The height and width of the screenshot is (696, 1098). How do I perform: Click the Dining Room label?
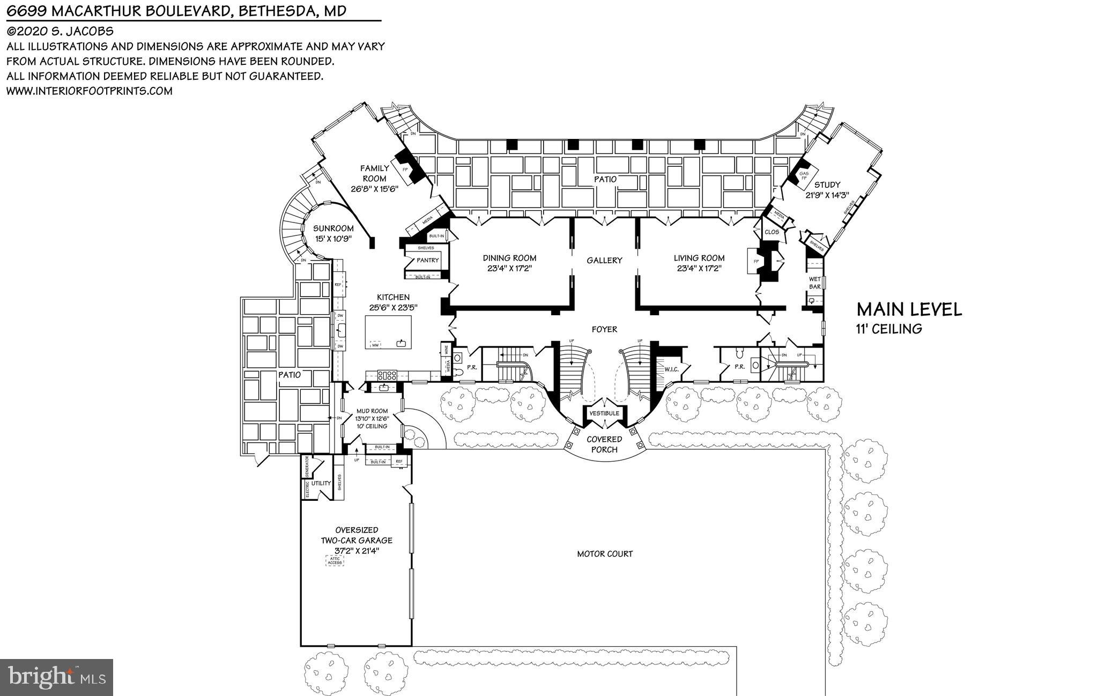(x=509, y=258)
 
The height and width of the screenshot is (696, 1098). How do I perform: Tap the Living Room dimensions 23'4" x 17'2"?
(x=699, y=268)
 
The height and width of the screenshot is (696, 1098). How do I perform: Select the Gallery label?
(x=604, y=260)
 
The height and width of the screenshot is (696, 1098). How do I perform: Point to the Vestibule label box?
(x=604, y=413)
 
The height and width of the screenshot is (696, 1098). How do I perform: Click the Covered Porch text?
(x=604, y=444)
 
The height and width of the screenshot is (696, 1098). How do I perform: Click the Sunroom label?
(x=333, y=228)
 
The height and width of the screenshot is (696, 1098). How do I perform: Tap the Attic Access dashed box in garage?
(x=335, y=561)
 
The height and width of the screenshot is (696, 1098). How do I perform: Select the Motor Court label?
(x=605, y=553)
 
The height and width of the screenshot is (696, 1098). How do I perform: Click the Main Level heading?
(x=909, y=309)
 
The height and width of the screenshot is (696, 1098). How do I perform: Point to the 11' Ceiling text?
(x=889, y=329)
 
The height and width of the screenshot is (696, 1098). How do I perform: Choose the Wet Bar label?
(x=814, y=283)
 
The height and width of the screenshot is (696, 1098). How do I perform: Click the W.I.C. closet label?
(x=671, y=369)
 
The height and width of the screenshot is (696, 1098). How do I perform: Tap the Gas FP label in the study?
(x=804, y=176)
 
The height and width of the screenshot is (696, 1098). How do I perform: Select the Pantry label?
(x=427, y=260)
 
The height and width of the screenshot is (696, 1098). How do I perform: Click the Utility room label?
(x=321, y=483)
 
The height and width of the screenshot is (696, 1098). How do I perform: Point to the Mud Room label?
(x=372, y=411)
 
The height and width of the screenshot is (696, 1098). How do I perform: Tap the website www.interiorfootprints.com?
(x=89, y=91)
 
